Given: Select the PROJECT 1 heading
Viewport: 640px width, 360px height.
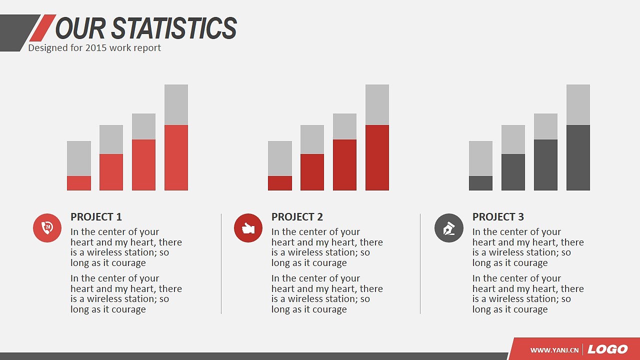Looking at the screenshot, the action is [96, 217].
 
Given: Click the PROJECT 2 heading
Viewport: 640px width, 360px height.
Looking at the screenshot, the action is [297, 217].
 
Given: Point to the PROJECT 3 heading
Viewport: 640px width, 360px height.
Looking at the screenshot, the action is [498, 217].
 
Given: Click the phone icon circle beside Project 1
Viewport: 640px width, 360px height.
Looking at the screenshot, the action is [47, 228].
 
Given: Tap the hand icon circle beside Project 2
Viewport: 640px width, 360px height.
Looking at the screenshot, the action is [248, 228].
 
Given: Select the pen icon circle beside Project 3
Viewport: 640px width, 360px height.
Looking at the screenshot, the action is [449, 228].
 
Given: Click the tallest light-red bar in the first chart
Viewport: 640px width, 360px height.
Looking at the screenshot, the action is [176, 157].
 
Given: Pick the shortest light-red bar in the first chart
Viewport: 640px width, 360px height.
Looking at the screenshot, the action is [79, 183].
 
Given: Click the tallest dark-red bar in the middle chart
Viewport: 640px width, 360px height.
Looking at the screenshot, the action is [377, 157].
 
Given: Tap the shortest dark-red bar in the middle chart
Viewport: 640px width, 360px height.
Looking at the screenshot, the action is [280, 183].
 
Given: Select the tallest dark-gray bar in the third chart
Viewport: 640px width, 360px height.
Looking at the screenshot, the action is [578, 157].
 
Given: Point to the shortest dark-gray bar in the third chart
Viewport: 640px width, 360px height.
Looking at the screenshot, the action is [480, 183].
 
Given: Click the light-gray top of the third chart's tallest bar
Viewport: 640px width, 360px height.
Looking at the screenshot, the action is [578, 104].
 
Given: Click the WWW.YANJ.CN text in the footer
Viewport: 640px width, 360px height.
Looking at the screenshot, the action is [554, 350].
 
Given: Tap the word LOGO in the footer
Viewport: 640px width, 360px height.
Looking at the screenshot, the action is [607, 349].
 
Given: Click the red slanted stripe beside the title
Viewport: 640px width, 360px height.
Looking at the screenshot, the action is [43, 27].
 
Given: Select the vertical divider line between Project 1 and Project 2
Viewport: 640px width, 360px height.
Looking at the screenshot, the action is [221, 263].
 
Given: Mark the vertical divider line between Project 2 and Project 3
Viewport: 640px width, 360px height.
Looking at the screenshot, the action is [420, 263].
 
